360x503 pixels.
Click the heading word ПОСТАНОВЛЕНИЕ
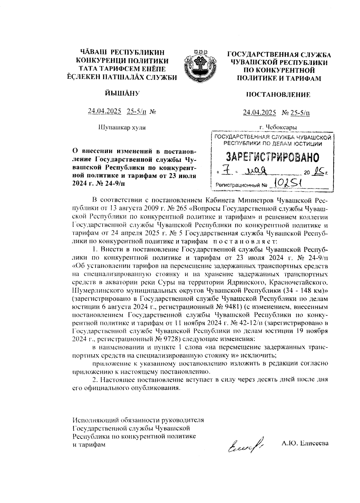[278, 95]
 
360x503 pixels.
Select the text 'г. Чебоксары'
[279, 127]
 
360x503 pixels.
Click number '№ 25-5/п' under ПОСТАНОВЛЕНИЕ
[296, 113]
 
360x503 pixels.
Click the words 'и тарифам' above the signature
[89, 445]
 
